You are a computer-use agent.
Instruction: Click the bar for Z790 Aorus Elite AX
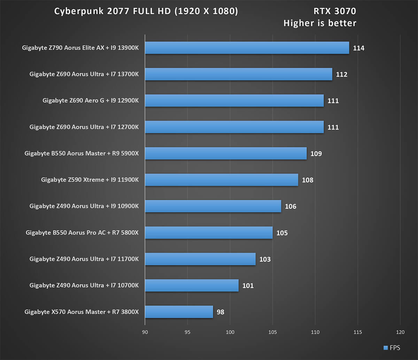[x=247, y=48]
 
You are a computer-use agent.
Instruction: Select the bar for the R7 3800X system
[x=179, y=312]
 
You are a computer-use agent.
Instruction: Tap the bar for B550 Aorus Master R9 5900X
[x=226, y=154]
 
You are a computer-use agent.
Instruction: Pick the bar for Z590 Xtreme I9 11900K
[x=222, y=180]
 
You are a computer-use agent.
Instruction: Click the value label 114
[x=358, y=48]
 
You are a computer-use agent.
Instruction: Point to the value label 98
[x=220, y=312]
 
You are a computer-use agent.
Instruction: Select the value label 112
[x=341, y=75]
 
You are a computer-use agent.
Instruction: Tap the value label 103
[x=265, y=259]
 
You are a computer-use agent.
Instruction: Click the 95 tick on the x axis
[x=188, y=332]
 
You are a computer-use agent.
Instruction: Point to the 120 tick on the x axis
[x=400, y=332]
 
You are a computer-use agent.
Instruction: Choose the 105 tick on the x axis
[x=273, y=332]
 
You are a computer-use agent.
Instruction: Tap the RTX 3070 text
[x=335, y=11]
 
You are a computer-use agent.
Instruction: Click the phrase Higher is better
[x=320, y=23]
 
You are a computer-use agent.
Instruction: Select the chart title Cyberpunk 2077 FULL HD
[x=146, y=11]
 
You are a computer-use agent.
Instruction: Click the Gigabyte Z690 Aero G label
[x=91, y=101]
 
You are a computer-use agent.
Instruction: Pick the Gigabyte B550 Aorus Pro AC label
[x=82, y=233]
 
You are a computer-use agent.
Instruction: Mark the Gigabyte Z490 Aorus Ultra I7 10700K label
[x=84, y=285]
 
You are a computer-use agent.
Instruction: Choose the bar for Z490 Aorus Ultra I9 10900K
[x=213, y=206]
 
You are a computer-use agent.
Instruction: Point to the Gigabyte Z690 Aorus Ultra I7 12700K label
[x=84, y=127]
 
